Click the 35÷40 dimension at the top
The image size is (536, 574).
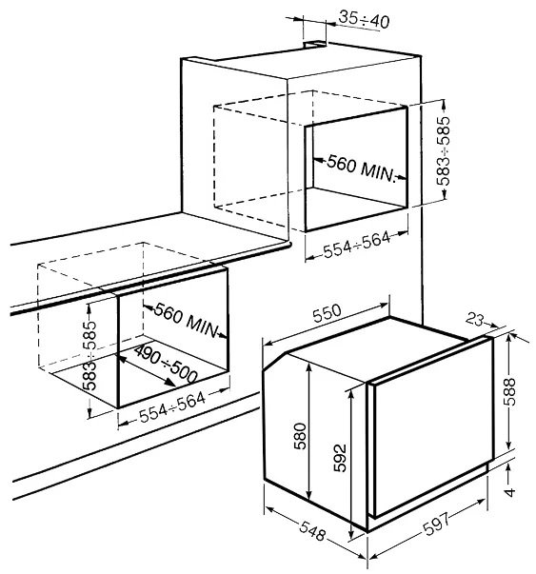pos(364,19)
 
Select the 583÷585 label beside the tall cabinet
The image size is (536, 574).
pos(444,150)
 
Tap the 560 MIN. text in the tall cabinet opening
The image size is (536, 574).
pos(362,168)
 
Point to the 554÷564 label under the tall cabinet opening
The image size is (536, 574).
pos(357,245)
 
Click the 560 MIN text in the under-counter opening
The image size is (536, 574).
pos(186,320)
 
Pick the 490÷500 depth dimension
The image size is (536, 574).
pos(166,364)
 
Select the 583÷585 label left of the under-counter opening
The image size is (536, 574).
pos(89,355)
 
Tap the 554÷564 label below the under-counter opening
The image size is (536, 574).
pos(172,406)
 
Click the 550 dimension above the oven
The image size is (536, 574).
pos(327,313)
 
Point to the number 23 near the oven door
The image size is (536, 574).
pos(474,319)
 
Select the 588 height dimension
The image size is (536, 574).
pos(509,391)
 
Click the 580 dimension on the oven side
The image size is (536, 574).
pos(300,436)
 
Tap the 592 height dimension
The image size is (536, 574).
pos(340,458)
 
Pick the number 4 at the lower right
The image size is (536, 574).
pos(509,491)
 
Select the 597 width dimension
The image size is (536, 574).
pos(436,524)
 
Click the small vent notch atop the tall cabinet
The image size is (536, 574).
pos(314,45)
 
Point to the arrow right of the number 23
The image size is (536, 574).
pos(491,324)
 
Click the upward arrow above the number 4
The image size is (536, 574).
pos(508,474)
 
